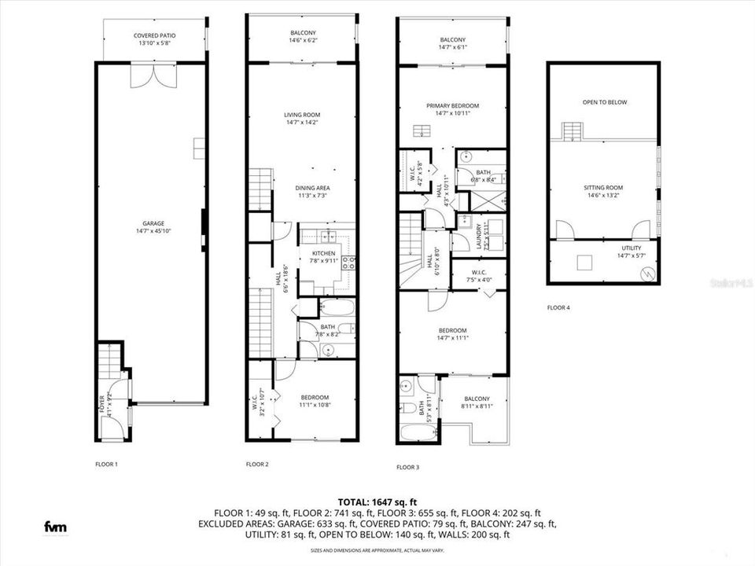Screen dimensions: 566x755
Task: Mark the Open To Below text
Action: pyautogui.click(x=605, y=102)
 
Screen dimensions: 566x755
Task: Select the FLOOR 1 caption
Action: pyautogui.click(x=105, y=465)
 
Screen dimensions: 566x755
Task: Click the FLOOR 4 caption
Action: pyautogui.click(x=558, y=307)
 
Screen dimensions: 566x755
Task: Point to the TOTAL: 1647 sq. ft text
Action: pyautogui.click(x=377, y=502)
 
